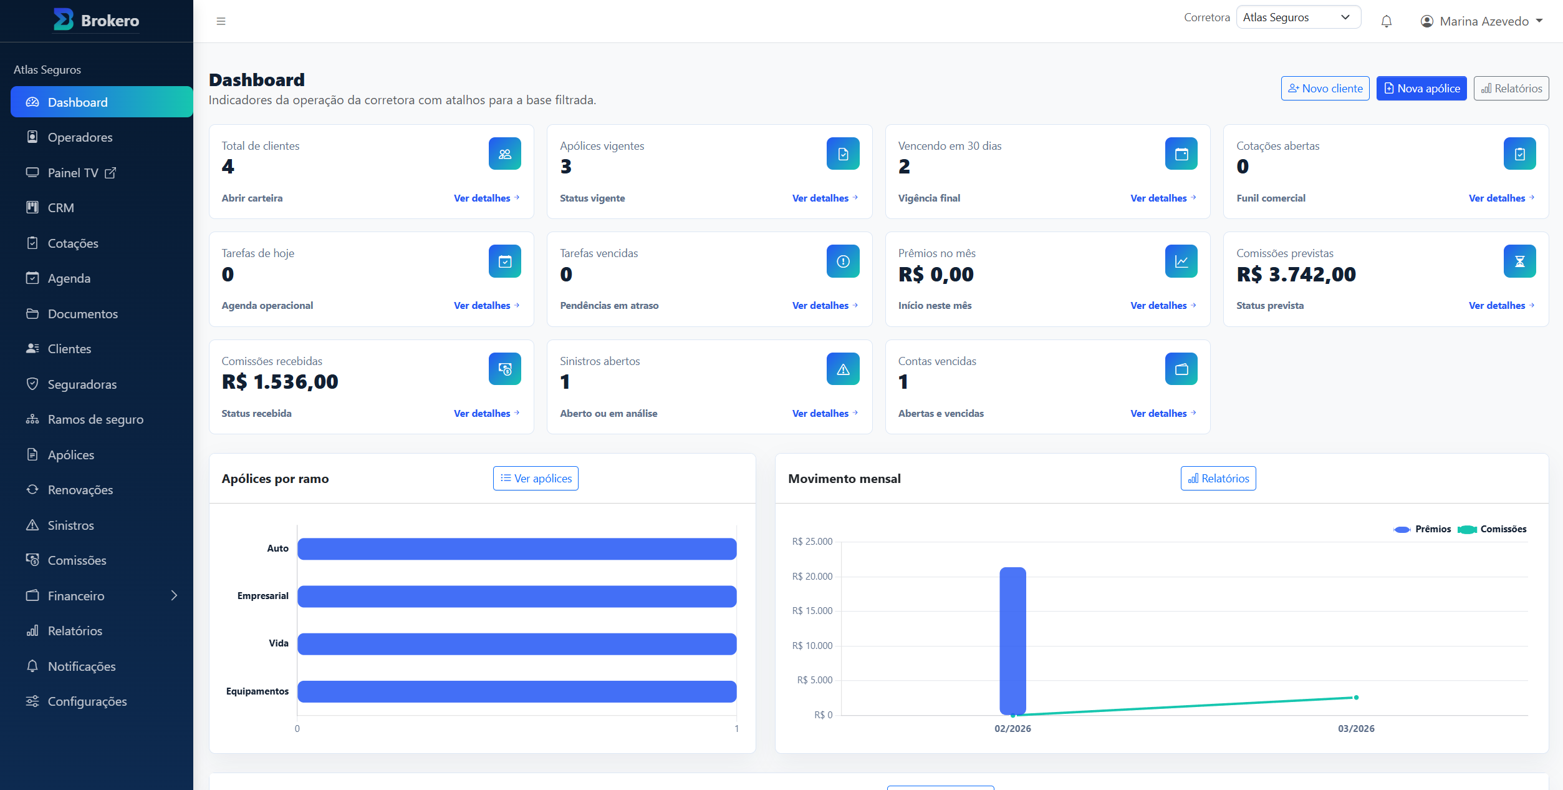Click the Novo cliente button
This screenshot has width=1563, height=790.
(x=1325, y=89)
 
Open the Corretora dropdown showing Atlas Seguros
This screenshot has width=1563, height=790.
(x=1298, y=17)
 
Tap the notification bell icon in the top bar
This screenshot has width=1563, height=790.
(x=1387, y=21)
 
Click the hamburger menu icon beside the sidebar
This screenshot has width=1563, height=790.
(x=221, y=21)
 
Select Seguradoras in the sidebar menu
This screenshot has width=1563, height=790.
(x=82, y=384)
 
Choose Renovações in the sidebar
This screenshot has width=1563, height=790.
(x=80, y=490)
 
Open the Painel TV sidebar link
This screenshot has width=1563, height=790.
(x=73, y=173)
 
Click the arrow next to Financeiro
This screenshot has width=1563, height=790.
(x=174, y=595)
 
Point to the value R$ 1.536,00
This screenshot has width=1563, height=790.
(x=280, y=381)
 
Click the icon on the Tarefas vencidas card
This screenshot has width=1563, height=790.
(x=843, y=261)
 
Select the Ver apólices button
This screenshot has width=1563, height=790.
(x=536, y=479)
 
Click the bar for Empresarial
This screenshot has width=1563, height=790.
(x=517, y=597)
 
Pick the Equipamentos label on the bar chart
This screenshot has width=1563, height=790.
(x=257, y=691)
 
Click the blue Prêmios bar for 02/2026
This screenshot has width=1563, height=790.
(x=1012, y=641)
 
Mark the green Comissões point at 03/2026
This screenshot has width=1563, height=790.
(x=1356, y=698)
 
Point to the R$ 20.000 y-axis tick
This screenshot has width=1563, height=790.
(x=812, y=577)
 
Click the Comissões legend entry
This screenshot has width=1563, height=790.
(x=1493, y=529)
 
